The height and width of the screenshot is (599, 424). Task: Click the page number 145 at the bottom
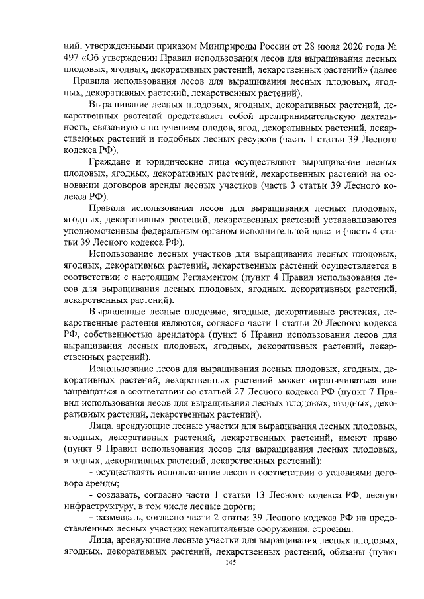230,563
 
